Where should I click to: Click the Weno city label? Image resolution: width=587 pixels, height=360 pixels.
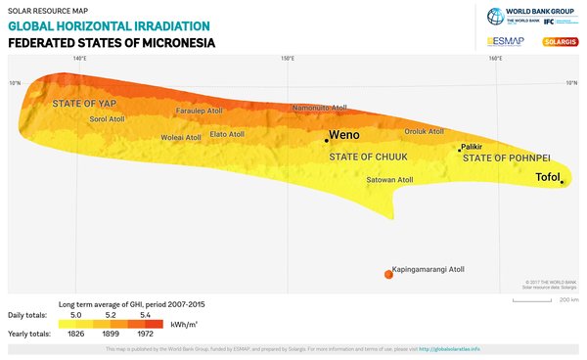[344, 135]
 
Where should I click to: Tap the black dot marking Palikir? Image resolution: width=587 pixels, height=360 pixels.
[460, 150]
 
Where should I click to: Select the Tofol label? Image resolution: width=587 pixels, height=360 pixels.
[546, 177]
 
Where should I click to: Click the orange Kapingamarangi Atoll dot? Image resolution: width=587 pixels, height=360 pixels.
[388, 274]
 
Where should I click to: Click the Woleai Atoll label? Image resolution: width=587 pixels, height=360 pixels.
[180, 138]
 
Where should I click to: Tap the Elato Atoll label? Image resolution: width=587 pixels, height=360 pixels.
[227, 134]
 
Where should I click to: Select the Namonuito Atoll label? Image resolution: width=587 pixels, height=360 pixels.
[320, 109]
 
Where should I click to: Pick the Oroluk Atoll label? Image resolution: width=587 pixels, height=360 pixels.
[424, 131]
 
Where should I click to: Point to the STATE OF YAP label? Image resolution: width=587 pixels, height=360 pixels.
[85, 103]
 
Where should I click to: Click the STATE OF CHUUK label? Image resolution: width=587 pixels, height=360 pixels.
[367, 157]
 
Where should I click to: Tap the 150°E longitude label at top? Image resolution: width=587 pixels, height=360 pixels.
[288, 60]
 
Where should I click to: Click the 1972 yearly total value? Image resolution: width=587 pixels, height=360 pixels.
[151, 335]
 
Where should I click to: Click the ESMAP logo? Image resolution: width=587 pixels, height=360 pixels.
[506, 41]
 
